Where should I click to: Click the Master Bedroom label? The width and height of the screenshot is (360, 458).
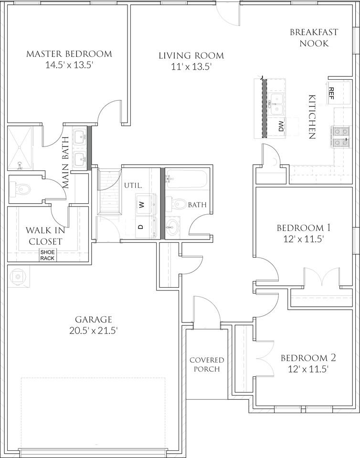(x=69, y=54)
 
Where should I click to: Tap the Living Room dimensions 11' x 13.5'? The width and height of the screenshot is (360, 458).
(x=191, y=67)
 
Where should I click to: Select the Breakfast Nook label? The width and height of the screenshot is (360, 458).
(x=314, y=38)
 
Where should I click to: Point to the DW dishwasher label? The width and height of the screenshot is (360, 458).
(x=281, y=127)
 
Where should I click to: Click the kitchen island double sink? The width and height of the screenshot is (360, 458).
(x=276, y=102)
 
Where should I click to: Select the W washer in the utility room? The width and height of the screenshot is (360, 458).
(x=141, y=205)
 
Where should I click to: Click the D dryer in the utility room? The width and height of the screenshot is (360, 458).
(x=141, y=227)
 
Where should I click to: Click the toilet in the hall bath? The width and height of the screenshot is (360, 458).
(x=178, y=204)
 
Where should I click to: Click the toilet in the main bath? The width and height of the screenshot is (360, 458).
(x=22, y=189)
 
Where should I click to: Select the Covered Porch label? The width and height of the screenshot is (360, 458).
(x=206, y=364)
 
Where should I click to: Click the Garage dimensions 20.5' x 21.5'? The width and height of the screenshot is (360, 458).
(x=94, y=330)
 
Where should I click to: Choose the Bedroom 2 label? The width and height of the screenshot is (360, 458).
(x=305, y=358)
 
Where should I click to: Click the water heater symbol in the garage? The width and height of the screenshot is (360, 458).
(x=18, y=276)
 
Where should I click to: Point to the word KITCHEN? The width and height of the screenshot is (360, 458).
(x=313, y=116)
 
